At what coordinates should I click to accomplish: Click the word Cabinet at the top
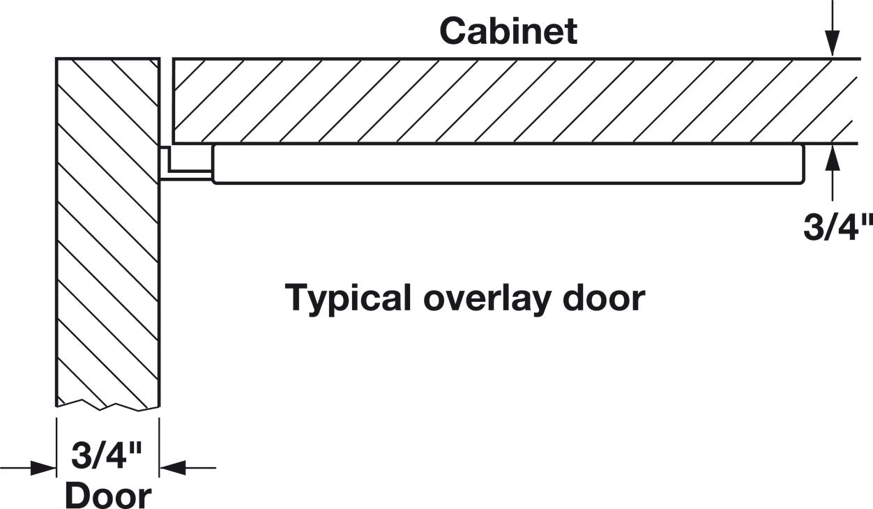tap(508, 31)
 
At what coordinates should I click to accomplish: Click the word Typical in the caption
tap(348, 299)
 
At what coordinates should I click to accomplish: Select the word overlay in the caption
tap(487, 299)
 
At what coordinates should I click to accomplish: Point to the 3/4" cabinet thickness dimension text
tap(838, 227)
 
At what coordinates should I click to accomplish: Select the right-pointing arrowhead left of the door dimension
tap(43, 468)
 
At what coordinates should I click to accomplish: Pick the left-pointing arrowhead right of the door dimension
tap(173, 468)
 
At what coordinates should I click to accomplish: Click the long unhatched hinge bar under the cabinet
tap(508, 164)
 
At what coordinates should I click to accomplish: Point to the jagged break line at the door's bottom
tap(108, 404)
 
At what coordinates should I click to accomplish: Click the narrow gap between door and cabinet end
tap(167, 101)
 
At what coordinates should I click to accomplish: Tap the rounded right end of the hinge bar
tap(803, 164)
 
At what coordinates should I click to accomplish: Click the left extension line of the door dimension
tap(56, 448)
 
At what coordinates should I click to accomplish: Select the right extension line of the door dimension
tap(159, 448)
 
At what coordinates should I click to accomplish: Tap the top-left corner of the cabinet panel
tap(174, 59)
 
